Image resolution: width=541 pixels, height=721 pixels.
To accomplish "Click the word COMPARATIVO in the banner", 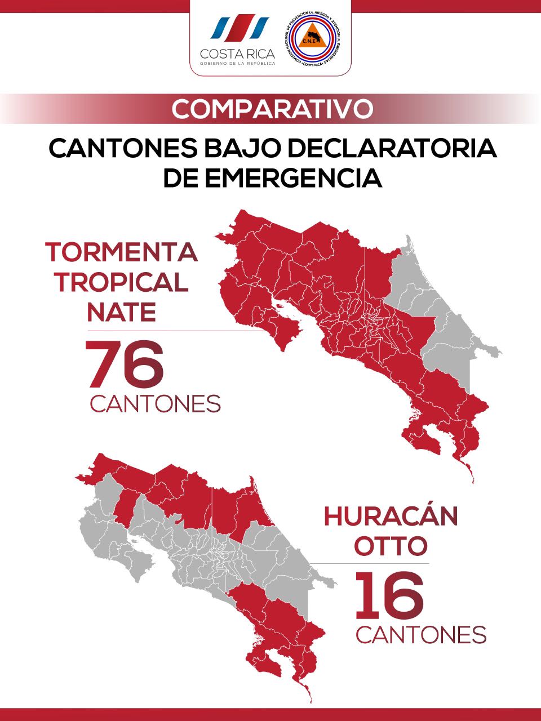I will click(x=272, y=109).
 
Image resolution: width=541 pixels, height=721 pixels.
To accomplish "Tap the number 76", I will click(x=125, y=365).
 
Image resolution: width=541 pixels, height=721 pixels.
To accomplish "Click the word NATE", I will click(x=122, y=311).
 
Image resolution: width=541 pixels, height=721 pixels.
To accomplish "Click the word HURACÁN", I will click(x=391, y=517).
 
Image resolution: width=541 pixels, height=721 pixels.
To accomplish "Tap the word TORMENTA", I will click(x=122, y=252).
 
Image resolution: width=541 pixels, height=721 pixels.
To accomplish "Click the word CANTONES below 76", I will click(x=155, y=404).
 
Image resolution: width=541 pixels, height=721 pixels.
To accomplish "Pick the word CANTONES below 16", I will click(x=421, y=635).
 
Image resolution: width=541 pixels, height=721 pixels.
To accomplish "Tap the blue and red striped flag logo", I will click(x=238, y=28).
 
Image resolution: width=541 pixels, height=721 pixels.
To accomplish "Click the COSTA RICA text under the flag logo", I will click(x=238, y=54).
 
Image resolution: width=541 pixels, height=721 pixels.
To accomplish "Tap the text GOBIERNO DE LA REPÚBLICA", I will click(x=238, y=64).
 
